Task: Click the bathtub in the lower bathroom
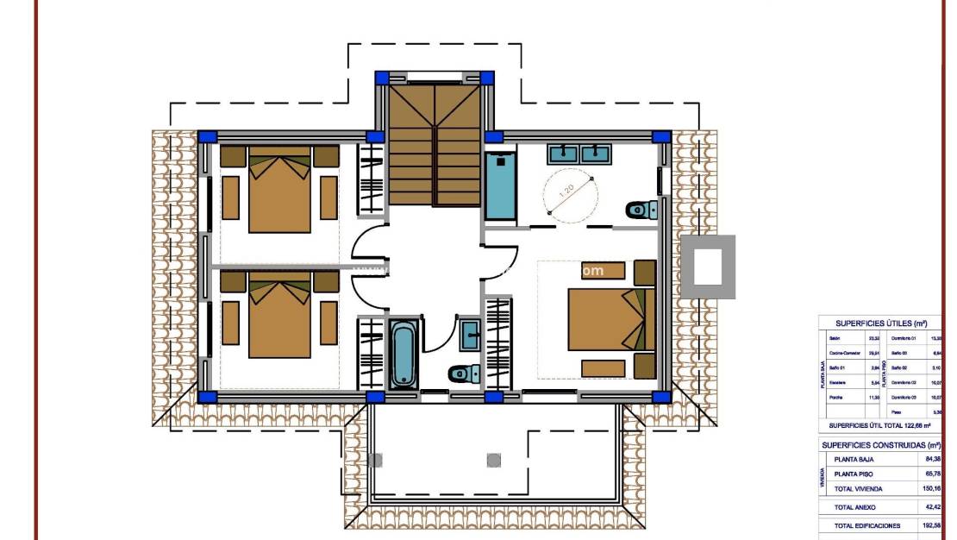click(x=403, y=355)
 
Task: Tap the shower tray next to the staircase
click(x=500, y=185)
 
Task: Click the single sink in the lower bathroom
click(x=471, y=334)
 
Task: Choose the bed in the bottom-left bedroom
click(x=279, y=315)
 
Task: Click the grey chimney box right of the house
click(x=708, y=267)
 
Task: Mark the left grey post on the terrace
click(x=375, y=460)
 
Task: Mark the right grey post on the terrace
click(x=493, y=460)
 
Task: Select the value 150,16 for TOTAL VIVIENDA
click(x=929, y=488)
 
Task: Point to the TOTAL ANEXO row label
click(x=855, y=507)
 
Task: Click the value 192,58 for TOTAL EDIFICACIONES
click(x=929, y=525)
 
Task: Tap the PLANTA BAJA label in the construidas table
click(x=854, y=459)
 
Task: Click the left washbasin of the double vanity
click(x=564, y=154)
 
